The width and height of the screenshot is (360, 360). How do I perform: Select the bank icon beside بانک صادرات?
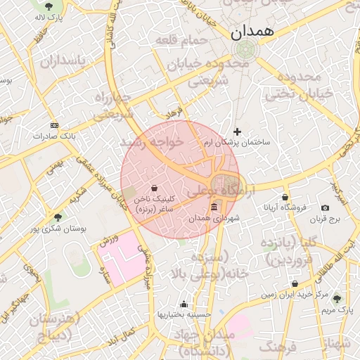[54, 125]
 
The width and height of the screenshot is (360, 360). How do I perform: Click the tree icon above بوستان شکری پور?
[58, 217]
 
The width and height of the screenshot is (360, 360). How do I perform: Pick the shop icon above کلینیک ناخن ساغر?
[154, 188]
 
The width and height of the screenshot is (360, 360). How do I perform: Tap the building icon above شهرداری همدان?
[214, 207]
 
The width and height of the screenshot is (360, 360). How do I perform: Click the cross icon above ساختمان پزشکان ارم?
[237, 131]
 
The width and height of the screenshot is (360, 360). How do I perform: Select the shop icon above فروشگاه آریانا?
[285, 197]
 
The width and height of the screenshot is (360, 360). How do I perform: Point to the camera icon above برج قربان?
[325, 207]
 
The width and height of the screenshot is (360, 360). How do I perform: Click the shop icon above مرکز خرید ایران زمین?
[295, 284]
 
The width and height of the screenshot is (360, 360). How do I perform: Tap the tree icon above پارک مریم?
[336, 298]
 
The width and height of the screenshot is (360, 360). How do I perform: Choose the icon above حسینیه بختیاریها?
[184, 304]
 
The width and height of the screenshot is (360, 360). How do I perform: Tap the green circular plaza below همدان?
[246, 50]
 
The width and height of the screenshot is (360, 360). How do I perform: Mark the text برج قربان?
[325, 219]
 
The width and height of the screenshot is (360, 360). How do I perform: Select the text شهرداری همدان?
[214, 219]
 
